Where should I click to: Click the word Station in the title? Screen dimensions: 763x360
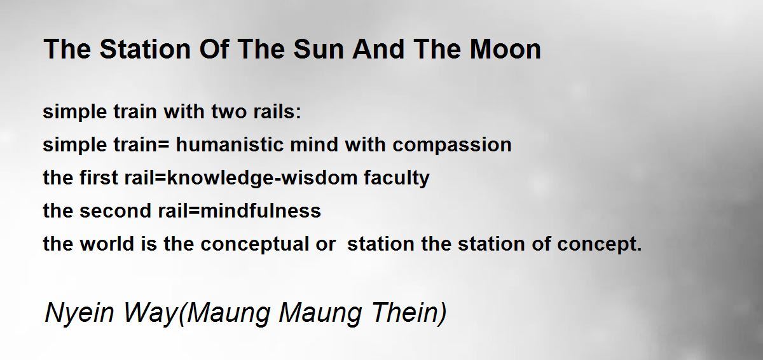145,49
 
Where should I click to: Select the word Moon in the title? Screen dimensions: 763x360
505,49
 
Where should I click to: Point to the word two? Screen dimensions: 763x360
228,112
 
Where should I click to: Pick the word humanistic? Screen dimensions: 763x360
230,144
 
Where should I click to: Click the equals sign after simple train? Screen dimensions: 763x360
163,145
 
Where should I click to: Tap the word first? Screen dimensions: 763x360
99,177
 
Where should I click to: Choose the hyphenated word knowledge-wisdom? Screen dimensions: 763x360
262,178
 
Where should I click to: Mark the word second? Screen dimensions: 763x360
115,211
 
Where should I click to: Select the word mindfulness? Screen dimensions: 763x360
261,211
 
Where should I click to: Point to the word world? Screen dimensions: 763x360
107,244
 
